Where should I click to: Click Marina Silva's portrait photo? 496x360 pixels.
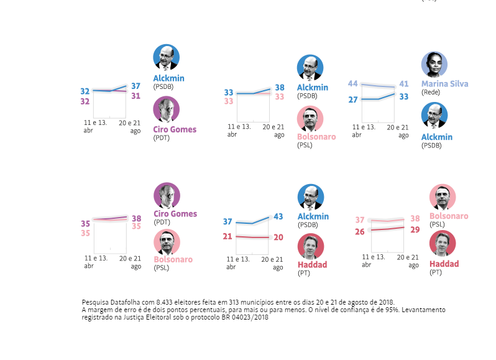click(x=434, y=65)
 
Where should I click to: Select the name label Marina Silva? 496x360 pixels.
click(x=444, y=83)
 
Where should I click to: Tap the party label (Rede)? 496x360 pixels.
click(x=431, y=92)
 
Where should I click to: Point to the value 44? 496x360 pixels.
click(x=352, y=84)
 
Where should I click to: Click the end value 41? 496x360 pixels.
click(x=404, y=84)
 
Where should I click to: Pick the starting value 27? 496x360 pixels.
click(x=352, y=99)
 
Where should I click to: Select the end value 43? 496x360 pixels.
click(x=278, y=216)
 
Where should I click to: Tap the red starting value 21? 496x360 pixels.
click(x=227, y=236)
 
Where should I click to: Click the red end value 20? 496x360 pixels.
click(x=278, y=237)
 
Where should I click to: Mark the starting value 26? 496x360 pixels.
click(x=359, y=231)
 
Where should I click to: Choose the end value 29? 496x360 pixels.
click(x=415, y=229)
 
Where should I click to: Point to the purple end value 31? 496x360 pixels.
click(x=135, y=96)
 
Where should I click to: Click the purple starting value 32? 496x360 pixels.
click(x=85, y=101)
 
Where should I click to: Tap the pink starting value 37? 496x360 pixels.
click(x=359, y=220)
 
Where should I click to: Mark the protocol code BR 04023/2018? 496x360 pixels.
click(x=247, y=316)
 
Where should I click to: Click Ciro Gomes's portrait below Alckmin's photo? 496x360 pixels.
click(x=166, y=109)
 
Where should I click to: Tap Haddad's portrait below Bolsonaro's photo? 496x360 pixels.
click(x=442, y=243)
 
